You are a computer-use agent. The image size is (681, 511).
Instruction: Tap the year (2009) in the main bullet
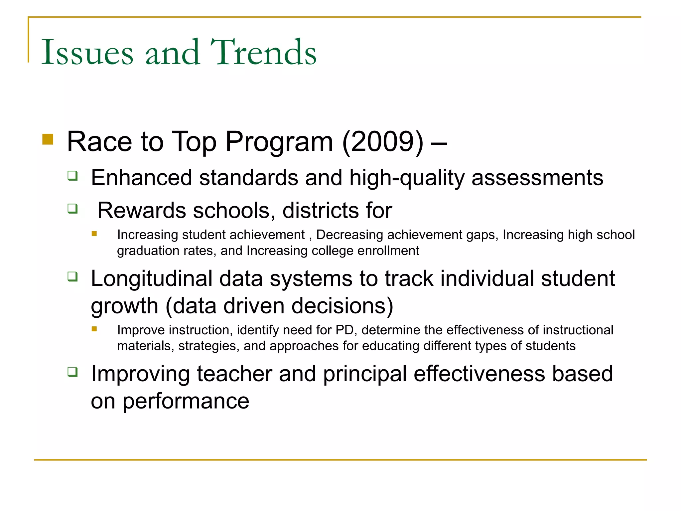(x=383, y=142)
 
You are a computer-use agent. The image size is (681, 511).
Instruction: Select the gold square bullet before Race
(x=48, y=139)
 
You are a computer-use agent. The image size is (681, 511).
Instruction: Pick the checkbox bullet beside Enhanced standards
(x=72, y=175)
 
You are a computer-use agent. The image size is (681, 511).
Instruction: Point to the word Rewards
(x=141, y=211)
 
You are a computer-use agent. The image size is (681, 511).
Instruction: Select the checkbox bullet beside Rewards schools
(x=72, y=209)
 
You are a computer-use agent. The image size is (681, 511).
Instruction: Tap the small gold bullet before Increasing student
(x=94, y=234)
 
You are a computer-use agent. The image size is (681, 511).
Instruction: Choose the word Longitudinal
(x=152, y=279)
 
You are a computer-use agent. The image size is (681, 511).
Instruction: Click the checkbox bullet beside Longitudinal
(x=72, y=276)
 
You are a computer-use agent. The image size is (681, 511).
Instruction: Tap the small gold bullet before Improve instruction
(x=94, y=329)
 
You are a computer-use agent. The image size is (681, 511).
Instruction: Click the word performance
(x=186, y=402)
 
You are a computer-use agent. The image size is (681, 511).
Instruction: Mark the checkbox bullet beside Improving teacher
(x=72, y=372)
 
